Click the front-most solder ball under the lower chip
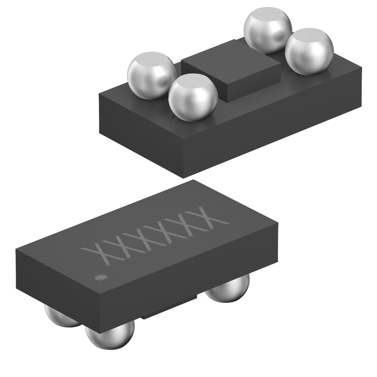coord(110,336)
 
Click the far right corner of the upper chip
coord(362,68)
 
